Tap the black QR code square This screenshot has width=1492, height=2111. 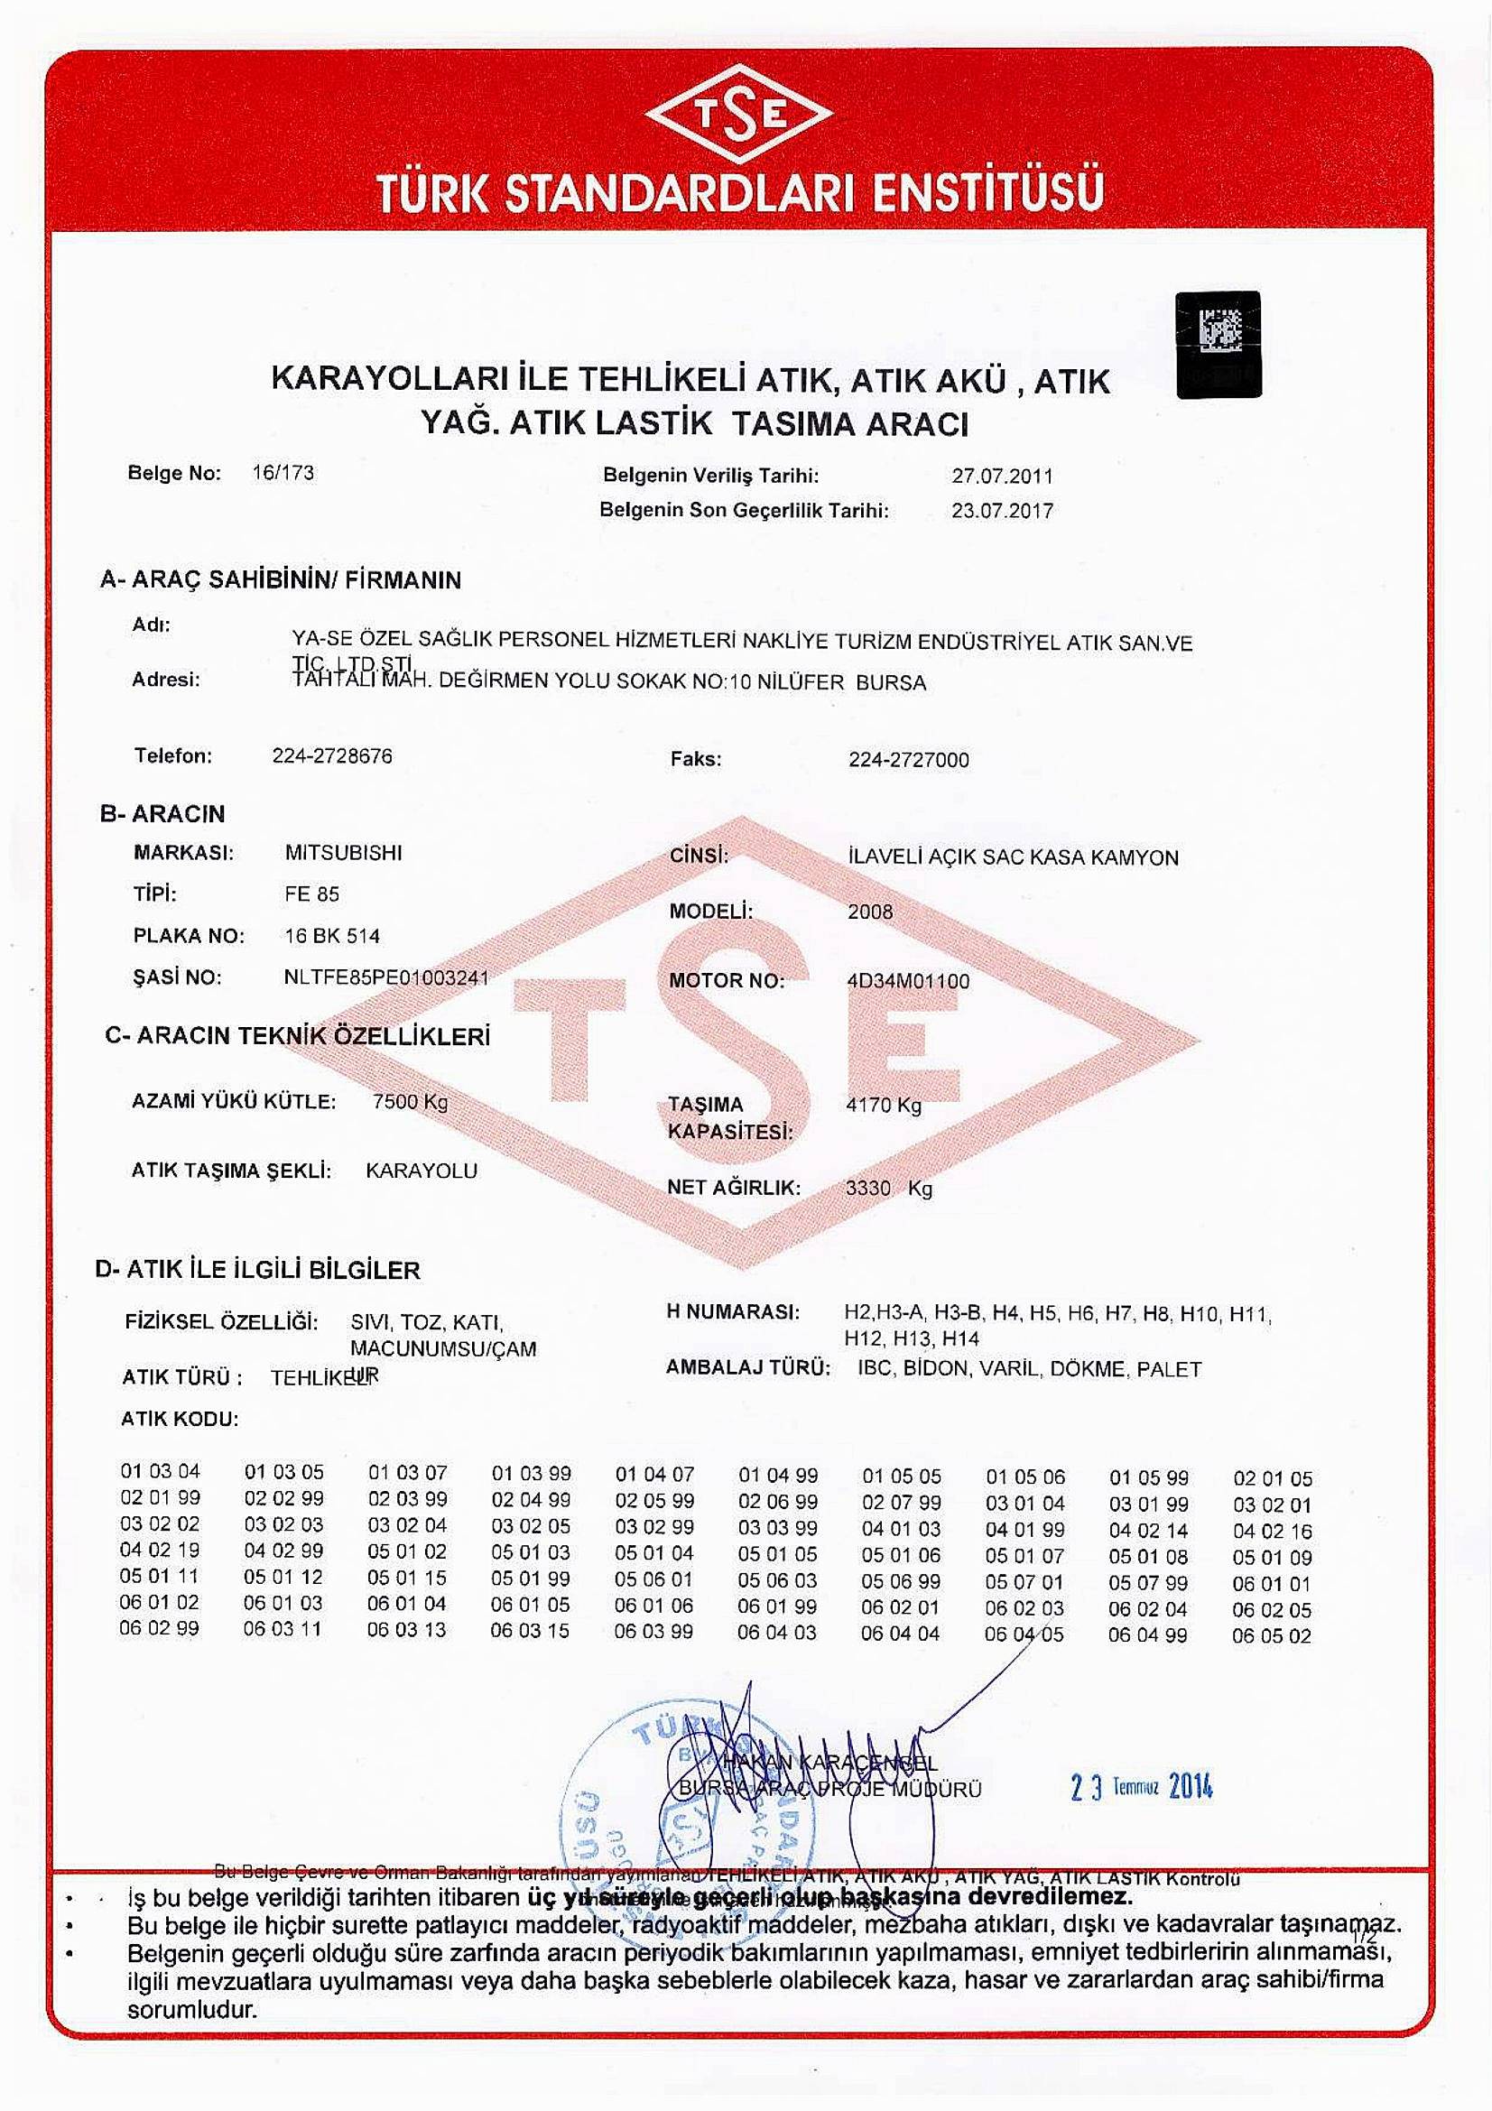pos(1219,344)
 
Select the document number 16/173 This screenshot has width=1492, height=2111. pos(283,474)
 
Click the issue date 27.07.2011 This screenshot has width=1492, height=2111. pos(1002,477)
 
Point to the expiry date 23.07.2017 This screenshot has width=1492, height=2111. pos(1002,510)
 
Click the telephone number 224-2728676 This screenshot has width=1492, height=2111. pos(332,755)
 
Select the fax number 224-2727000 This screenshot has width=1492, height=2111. pos(908,759)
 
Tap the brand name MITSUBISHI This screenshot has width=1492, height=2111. pos(344,852)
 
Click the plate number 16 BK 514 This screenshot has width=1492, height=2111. pos(332,936)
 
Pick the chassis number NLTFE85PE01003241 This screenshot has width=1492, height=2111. pos(387,977)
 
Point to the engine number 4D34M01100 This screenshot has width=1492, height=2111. pos(907,981)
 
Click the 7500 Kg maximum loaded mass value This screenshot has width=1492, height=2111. pos(410,1101)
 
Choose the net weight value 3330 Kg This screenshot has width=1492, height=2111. pos(888,1188)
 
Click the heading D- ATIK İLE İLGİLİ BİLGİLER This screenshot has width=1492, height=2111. pos(257,1270)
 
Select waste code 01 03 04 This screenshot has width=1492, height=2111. pos(160,1471)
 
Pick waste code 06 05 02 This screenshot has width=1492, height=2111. pos(1272,1636)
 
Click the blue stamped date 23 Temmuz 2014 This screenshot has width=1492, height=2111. pos(1142,1788)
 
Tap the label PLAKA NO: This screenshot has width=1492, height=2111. pos(189,936)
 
